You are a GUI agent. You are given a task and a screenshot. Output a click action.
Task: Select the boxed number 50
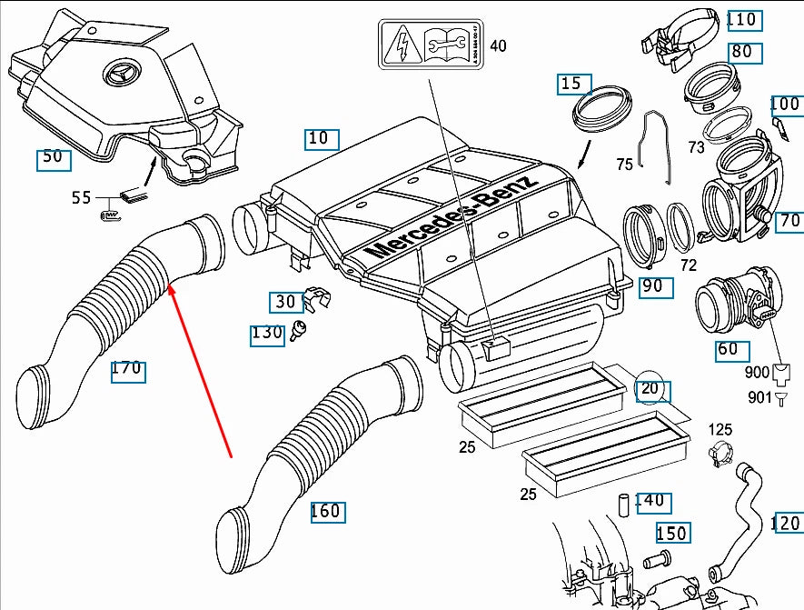(53, 158)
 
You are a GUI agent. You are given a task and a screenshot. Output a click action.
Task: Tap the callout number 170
(127, 369)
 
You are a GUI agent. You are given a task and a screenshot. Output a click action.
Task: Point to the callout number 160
(325, 511)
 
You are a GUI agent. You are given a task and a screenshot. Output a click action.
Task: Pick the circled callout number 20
(650, 389)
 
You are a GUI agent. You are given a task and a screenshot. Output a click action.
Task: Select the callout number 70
(789, 220)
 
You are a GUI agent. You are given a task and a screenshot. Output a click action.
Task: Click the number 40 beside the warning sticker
(499, 45)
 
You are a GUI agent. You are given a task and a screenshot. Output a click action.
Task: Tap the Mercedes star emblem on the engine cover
(124, 74)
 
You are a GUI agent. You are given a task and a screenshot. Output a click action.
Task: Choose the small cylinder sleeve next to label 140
(624, 504)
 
